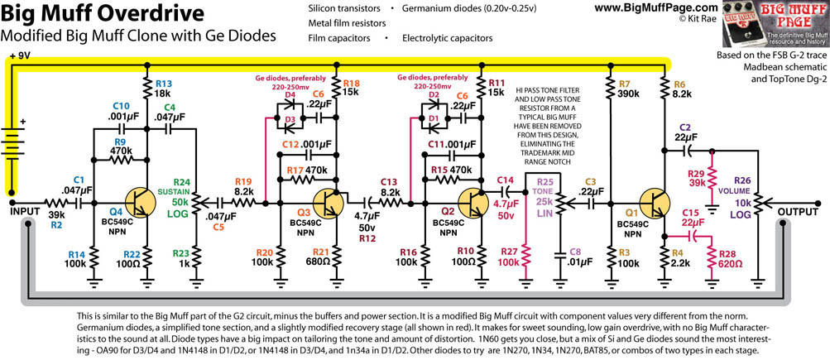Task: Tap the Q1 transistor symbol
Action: (x=660, y=202)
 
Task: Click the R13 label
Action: (x=162, y=84)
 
